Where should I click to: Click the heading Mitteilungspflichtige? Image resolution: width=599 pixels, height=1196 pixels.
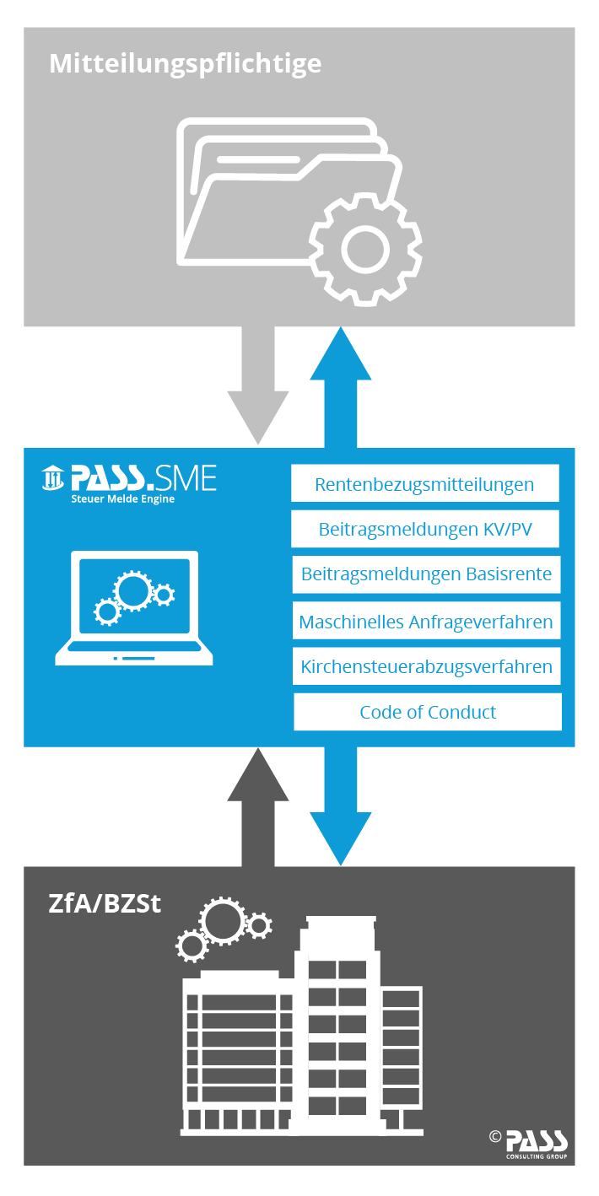coord(186,63)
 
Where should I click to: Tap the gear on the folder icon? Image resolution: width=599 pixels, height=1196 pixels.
coord(364,247)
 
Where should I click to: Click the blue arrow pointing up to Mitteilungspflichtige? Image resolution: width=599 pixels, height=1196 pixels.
coord(341,384)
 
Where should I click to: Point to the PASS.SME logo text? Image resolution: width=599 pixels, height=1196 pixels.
coord(143,480)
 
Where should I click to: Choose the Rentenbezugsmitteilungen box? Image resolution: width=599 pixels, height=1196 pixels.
coord(424,484)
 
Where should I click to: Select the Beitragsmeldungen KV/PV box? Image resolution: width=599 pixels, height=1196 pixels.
coord(425,530)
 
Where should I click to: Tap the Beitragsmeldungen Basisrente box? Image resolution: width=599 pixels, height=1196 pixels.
coord(426,574)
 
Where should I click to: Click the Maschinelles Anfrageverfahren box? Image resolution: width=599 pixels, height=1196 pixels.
coord(426,622)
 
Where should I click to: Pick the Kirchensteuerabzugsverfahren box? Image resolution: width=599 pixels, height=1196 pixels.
coord(426,667)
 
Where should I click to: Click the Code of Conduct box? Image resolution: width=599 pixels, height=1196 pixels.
coord(428,712)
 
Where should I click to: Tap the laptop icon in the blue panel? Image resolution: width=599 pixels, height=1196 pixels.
coord(134,608)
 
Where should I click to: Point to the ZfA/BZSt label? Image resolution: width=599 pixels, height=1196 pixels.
coord(105,903)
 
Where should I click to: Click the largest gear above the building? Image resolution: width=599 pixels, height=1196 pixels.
coord(223,921)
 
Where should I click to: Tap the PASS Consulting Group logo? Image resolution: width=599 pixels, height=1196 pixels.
coord(537,1143)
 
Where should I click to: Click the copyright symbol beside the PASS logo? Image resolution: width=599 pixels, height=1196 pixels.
coord(495,1136)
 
